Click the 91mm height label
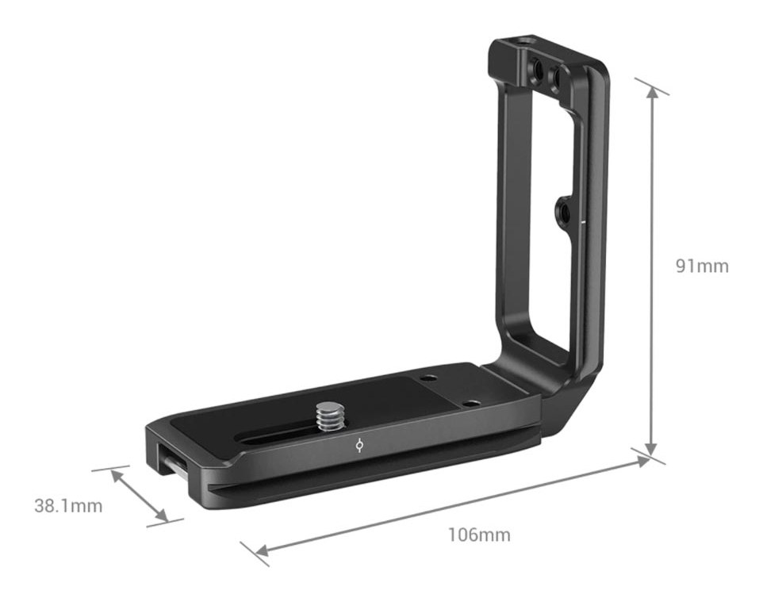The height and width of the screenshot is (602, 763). click(702, 266)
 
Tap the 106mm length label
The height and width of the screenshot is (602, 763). click(479, 535)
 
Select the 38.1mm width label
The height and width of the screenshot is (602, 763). click(69, 506)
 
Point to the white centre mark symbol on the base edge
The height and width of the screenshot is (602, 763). click(359, 445)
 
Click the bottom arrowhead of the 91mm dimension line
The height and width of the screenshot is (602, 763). click(651, 449)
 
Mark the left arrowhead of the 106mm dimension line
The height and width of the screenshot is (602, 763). click(261, 550)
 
